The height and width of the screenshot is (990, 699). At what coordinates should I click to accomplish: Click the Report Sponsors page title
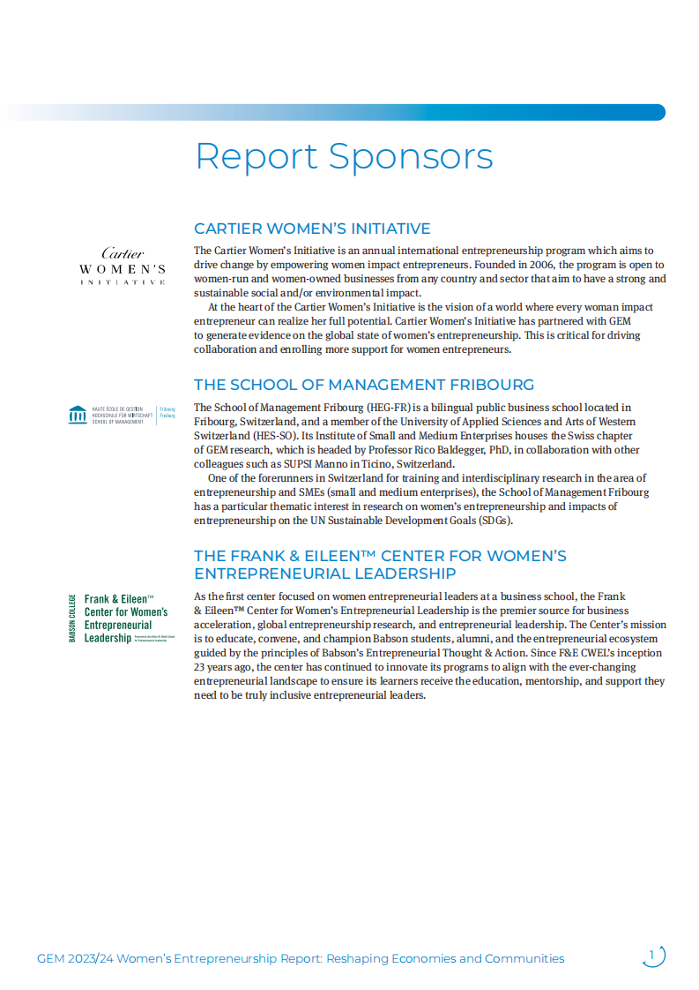pyautogui.click(x=344, y=157)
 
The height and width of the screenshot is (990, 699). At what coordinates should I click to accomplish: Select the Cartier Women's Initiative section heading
pyautogui.click(x=312, y=229)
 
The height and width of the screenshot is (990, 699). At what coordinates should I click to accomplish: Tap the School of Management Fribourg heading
pyautogui.click(x=364, y=385)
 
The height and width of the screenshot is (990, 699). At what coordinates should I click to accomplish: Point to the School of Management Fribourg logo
pyautogui.click(x=122, y=415)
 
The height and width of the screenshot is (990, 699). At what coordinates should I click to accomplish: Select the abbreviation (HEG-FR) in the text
pyautogui.click(x=389, y=408)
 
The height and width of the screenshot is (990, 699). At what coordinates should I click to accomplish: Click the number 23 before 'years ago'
pyautogui.click(x=200, y=667)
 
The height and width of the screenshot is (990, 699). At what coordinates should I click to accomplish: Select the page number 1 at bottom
pyautogui.click(x=652, y=955)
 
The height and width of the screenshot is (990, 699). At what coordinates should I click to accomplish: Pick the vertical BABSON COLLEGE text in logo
pyautogui.click(x=71, y=618)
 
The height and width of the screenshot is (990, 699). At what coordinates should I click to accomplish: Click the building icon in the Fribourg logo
pyautogui.click(x=78, y=415)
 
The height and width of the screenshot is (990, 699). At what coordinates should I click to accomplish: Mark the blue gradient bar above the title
pyautogui.click(x=353, y=112)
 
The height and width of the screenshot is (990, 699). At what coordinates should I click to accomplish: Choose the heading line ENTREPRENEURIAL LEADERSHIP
pyautogui.click(x=325, y=574)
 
